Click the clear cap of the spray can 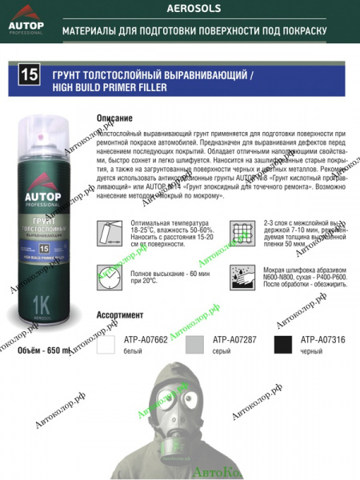tap(48, 137)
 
